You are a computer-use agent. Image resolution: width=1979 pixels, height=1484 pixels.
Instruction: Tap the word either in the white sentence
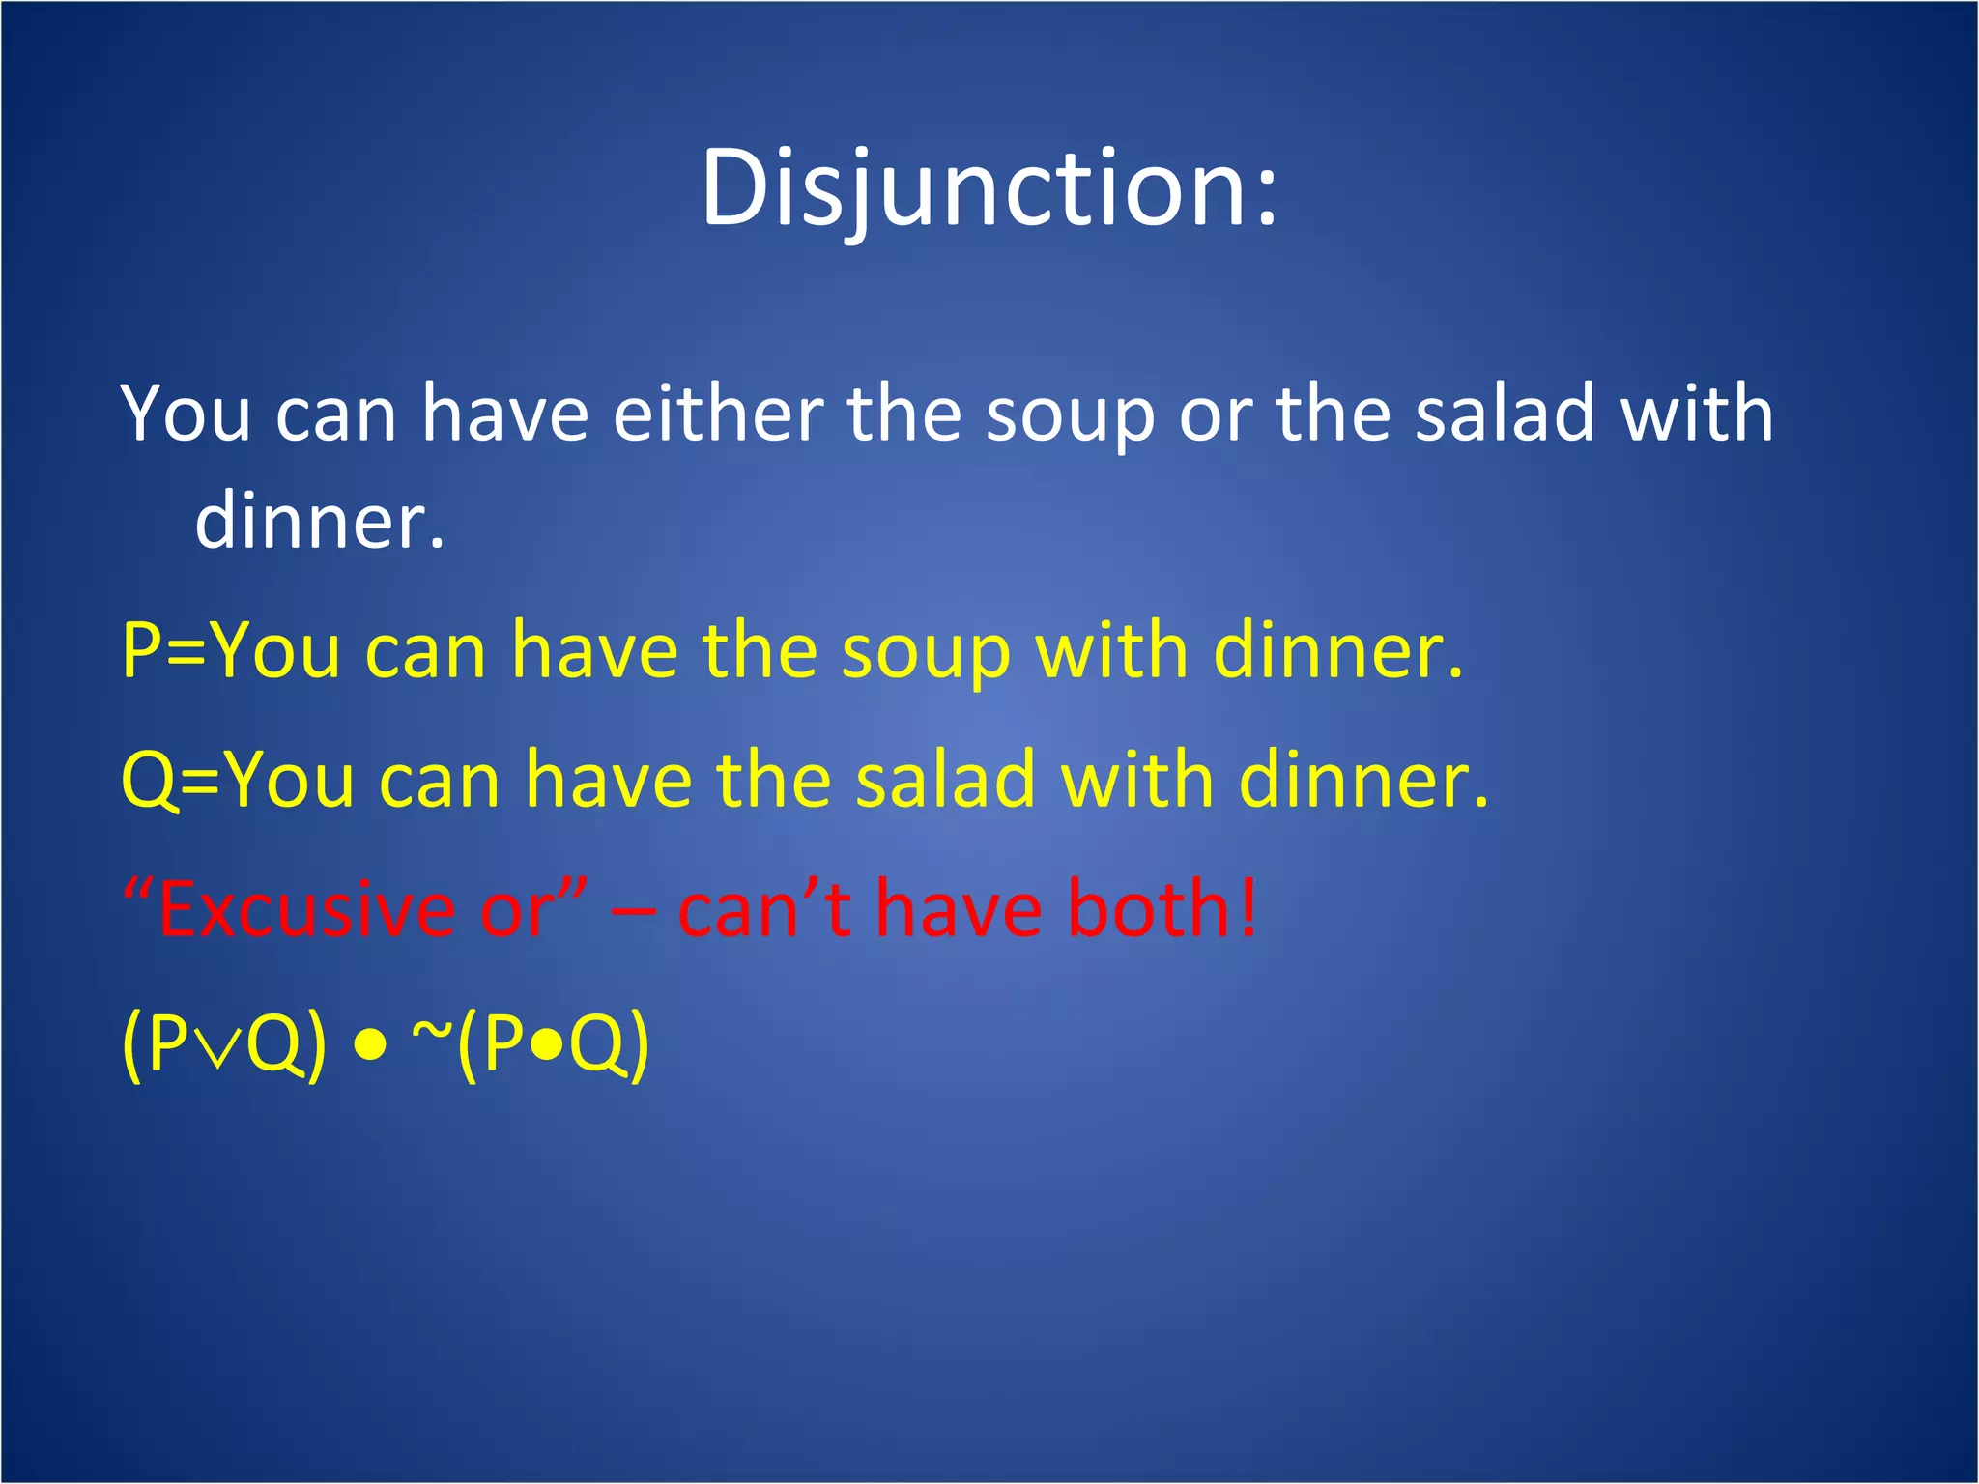pyautogui.click(x=718, y=414)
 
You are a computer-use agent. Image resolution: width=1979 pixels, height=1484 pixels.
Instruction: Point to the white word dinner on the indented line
pyautogui.click(x=319, y=522)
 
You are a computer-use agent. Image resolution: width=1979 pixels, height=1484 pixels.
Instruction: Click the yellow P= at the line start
pyautogui.click(x=164, y=651)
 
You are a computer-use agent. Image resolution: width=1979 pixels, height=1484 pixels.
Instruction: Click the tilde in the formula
pyautogui.click(x=432, y=1032)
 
